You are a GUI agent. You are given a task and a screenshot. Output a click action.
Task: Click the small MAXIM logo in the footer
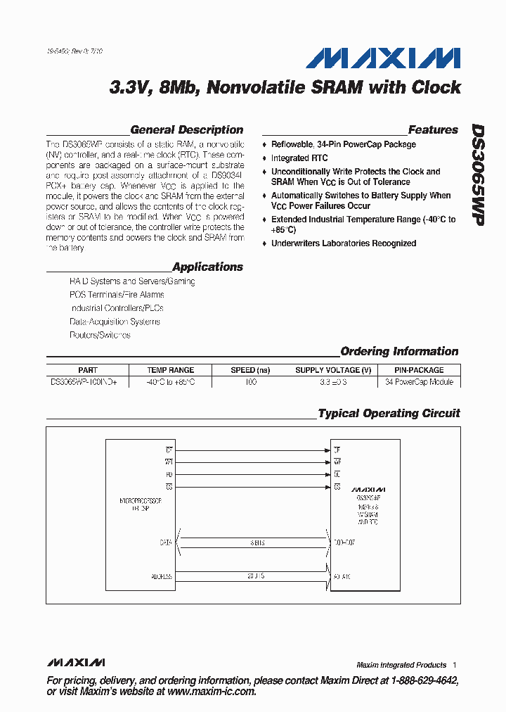coord(76,663)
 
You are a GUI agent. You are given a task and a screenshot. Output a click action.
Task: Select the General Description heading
coord(187,129)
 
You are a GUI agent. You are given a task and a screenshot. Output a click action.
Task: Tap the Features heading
coord(433,129)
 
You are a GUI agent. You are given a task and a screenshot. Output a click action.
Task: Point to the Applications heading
coord(207,267)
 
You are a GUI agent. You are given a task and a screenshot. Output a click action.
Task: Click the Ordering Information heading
coord(399,351)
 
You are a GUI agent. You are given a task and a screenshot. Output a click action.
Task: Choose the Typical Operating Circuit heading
coord(389,413)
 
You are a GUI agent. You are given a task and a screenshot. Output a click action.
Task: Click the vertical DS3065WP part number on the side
coord(477,175)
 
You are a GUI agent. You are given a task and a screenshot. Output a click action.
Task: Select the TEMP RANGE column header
coord(170,370)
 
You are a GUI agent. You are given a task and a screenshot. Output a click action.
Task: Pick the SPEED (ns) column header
coord(250,370)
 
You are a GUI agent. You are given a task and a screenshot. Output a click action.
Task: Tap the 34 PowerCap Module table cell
coord(419,382)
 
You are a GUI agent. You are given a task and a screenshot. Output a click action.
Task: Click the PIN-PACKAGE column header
coord(419,370)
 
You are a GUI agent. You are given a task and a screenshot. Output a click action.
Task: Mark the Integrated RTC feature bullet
coord(299,158)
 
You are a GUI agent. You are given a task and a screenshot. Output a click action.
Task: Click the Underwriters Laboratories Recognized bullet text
coord(344,243)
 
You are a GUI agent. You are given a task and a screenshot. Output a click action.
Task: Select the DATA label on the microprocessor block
coord(165,542)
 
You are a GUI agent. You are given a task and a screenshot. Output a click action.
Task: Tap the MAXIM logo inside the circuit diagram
coord(368,488)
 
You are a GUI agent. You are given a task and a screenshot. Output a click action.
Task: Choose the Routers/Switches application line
coord(100,335)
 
